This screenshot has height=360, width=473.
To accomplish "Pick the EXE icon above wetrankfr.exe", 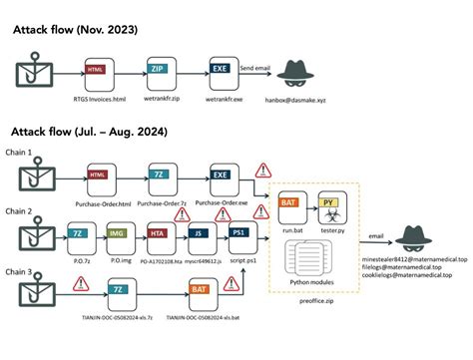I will click(x=222, y=71).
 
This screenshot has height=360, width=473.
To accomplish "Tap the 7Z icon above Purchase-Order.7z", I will click(x=161, y=176).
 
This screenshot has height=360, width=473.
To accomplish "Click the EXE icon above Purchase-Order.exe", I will click(x=222, y=176).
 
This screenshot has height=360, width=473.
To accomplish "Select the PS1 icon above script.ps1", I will click(x=240, y=233).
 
